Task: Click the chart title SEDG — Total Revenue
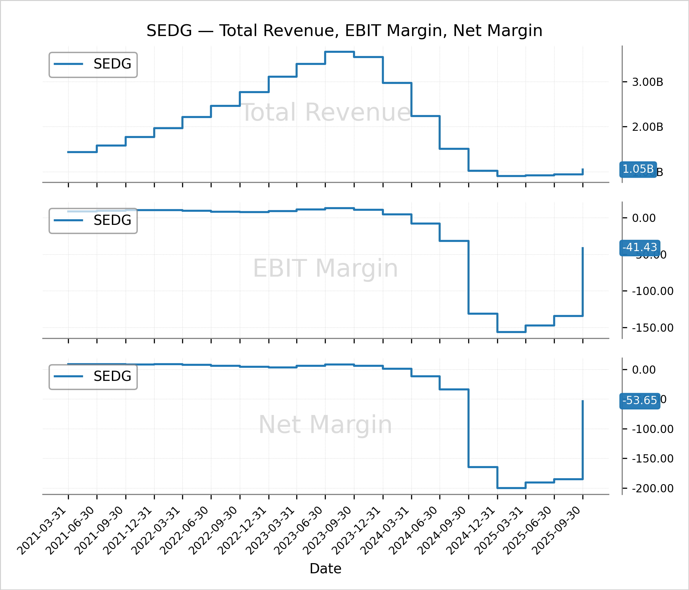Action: pos(344,30)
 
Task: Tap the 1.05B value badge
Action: pos(638,169)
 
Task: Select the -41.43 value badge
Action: pos(639,247)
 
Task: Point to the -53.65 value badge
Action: pos(639,400)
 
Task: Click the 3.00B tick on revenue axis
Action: pos(647,82)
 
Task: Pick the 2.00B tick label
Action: pos(647,127)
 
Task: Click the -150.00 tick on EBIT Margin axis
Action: pos(652,328)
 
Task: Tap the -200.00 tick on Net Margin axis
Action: pos(652,488)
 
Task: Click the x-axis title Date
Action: pos(325,569)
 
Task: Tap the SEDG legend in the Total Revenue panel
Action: pos(93,64)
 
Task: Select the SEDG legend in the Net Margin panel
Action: pos(93,376)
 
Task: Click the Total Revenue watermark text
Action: pos(325,112)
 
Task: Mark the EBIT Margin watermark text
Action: pos(325,268)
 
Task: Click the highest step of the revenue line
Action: pos(340,52)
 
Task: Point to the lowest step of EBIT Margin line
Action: pos(512,332)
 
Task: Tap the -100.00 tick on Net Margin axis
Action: pos(652,429)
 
